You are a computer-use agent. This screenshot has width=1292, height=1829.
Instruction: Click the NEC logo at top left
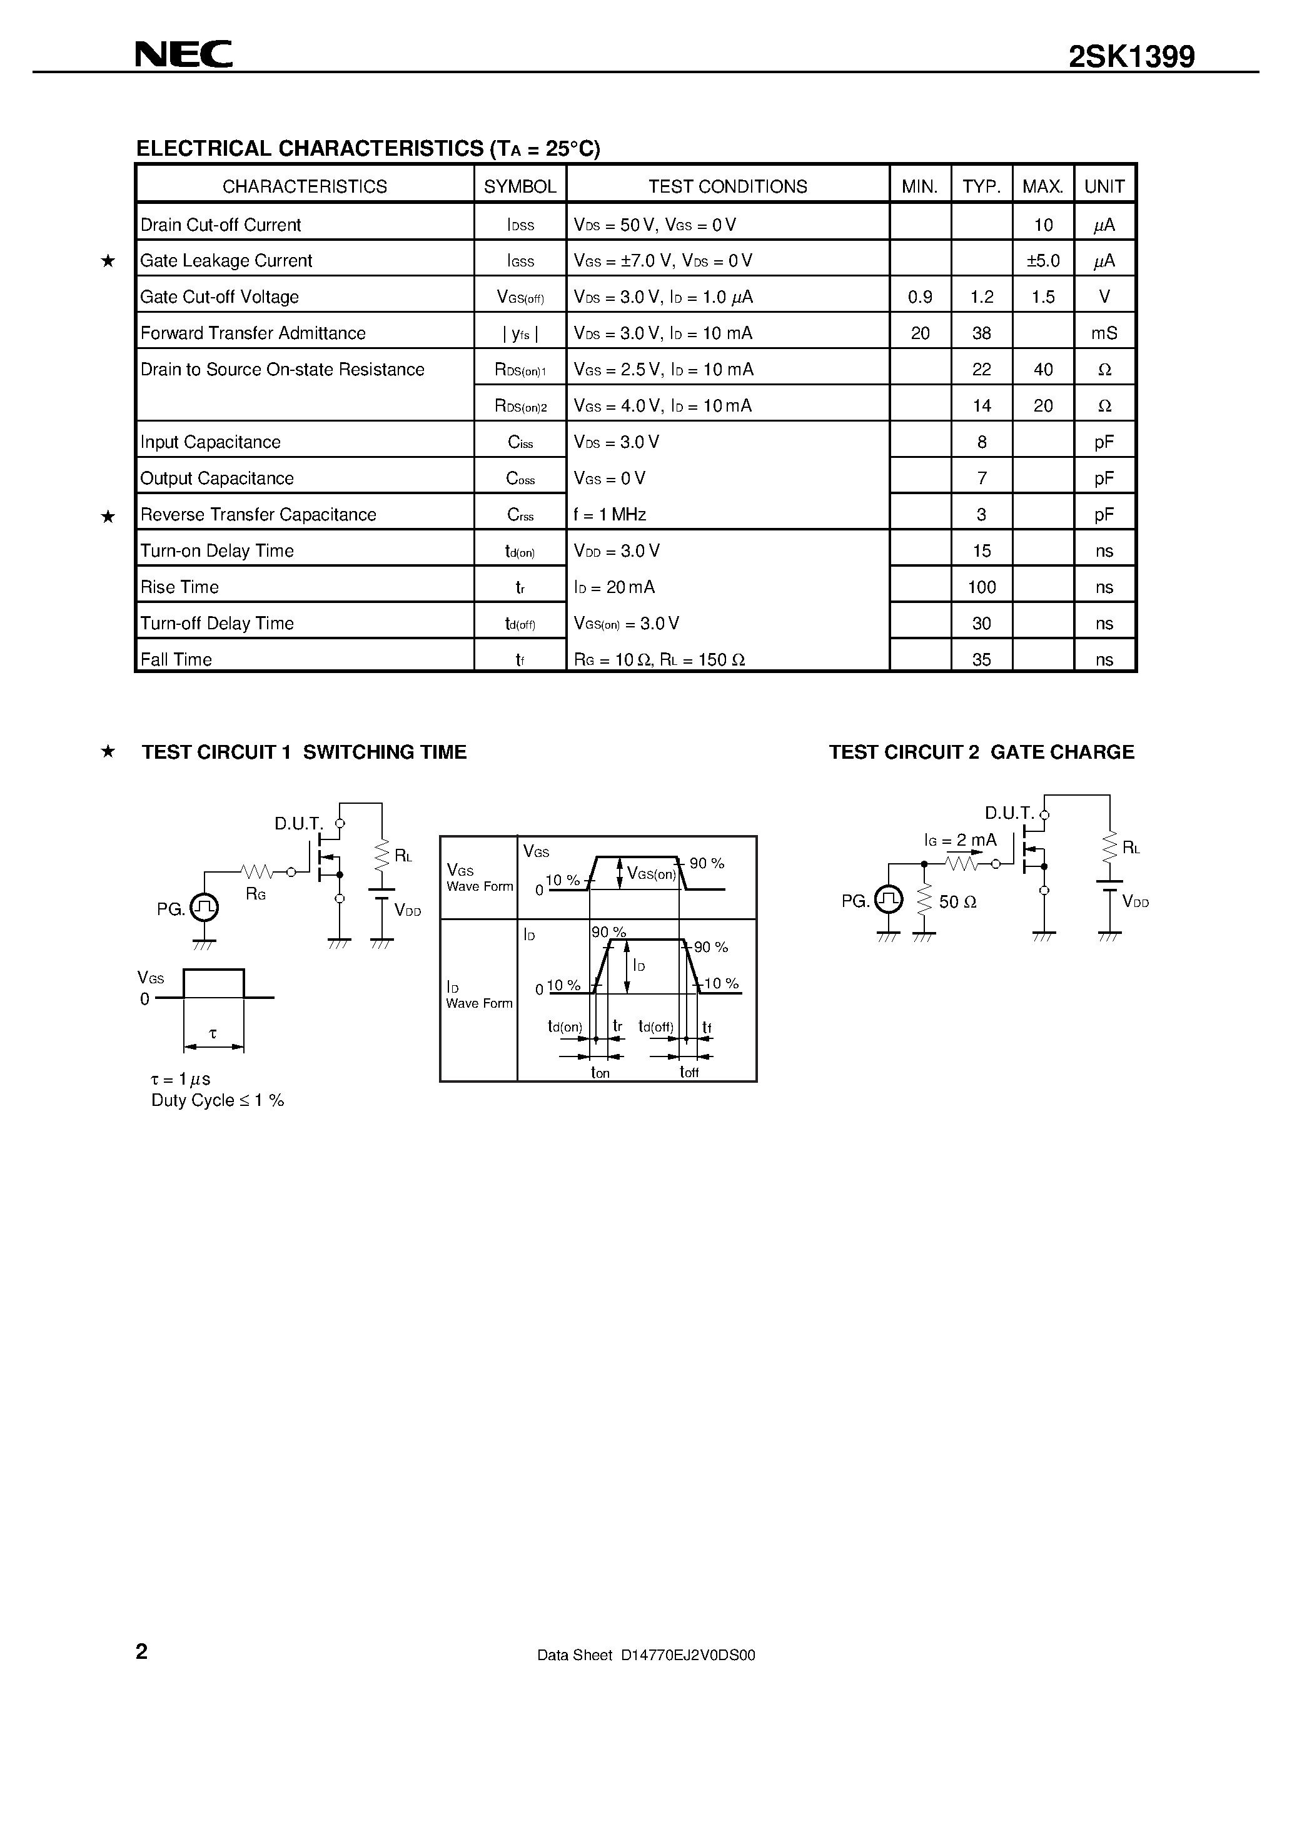point(183,54)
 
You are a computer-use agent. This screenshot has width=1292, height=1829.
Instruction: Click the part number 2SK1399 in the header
point(1131,56)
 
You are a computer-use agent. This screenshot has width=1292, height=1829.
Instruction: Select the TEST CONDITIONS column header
point(727,186)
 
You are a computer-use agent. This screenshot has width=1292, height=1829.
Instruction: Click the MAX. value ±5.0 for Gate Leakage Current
point(1042,260)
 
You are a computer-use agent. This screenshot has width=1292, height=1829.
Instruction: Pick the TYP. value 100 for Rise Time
point(981,587)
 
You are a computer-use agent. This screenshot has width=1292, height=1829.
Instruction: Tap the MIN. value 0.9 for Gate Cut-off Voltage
point(920,297)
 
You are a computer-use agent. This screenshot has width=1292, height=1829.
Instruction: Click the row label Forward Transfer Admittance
point(253,333)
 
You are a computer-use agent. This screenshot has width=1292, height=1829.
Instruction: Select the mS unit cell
point(1104,333)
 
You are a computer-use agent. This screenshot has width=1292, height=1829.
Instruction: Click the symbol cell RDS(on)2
point(520,406)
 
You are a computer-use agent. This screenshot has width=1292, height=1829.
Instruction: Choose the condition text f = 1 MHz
point(609,515)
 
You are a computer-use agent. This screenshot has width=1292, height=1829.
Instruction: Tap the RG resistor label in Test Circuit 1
point(256,894)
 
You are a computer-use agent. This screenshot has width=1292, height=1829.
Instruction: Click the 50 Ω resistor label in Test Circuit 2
point(957,902)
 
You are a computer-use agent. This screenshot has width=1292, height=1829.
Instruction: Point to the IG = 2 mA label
point(960,839)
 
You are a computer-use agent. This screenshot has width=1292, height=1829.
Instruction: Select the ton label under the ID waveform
point(600,1073)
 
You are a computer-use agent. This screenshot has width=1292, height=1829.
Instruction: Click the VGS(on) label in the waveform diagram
point(651,874)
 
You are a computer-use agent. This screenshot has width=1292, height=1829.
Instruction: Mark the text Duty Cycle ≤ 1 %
point(218,1100)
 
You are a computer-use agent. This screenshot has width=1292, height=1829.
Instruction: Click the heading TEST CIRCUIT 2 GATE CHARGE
point(981,752)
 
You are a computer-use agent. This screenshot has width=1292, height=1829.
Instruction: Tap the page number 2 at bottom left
point(142,1651)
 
